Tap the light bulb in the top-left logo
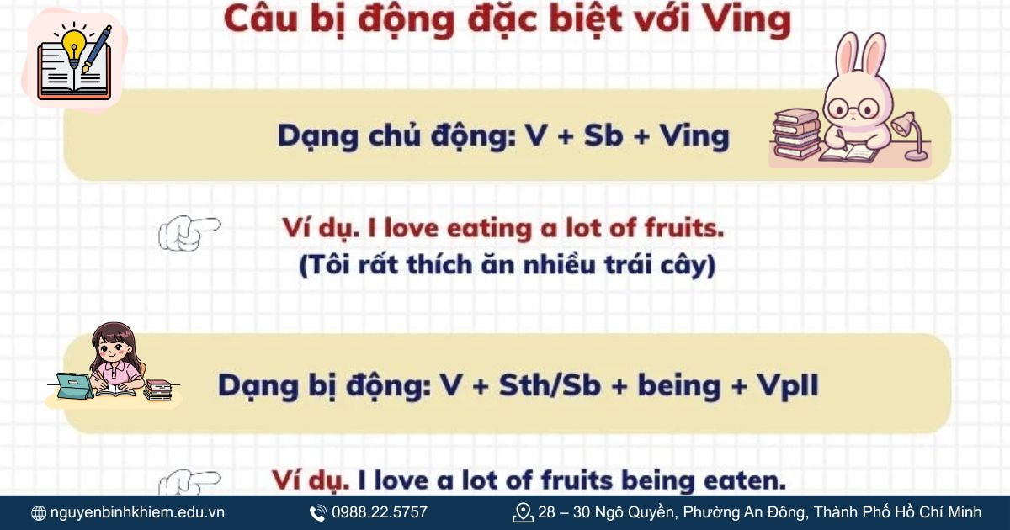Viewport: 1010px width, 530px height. pyautogui.click(x=73, y=42)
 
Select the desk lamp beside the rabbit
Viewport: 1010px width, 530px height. pyautogui.click(x=910, y=135)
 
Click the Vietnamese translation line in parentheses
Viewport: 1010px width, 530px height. pyautogui.click(x=507, y=265)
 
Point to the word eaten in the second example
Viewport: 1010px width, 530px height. pyautogui.click(x=745, y=480)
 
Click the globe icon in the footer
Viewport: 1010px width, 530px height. pyautogui.click(x=39, y=512)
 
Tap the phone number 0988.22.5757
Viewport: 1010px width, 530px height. pyautogui.click(x=379, y=512)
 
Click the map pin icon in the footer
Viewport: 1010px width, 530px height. pyautogui.click(x=523, y=512)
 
